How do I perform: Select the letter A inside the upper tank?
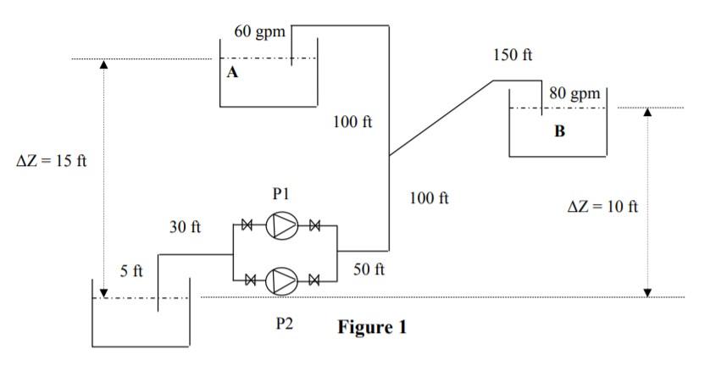(x=232, y=73)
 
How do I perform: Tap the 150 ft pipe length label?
(x=513, y=55)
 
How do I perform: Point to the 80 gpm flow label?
(x=573, y=93)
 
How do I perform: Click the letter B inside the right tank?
(x=558, y=131)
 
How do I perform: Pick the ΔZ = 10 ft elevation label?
(x=602, y=207)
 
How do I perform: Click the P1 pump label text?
(x=282, y=194)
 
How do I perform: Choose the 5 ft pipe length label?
(x=131, y=272)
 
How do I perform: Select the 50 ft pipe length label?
(x=369, y=270)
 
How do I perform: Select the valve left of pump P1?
(x=248, y=226)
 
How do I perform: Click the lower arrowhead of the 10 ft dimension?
(x=648, y=291)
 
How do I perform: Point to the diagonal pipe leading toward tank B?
(x=441, y=119)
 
